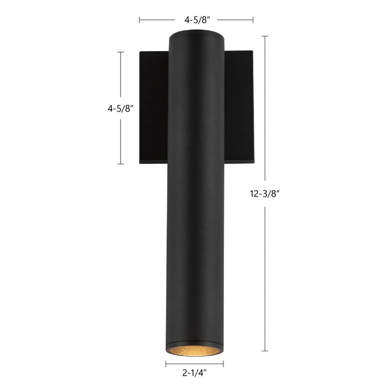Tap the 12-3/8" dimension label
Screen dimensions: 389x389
pos(265,194)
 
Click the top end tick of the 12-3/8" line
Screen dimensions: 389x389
pos(265,37)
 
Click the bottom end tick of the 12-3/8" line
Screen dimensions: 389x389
pos(265,351)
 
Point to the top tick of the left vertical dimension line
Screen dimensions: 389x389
pos(121,52)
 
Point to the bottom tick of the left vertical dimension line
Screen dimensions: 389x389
pos(121,164)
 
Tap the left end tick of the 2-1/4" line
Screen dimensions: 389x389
pos(166,365)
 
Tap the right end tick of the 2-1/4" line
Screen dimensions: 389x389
pos(223,365)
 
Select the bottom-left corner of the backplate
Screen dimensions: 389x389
pos(140,163)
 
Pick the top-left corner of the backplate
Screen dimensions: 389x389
pos(140,52)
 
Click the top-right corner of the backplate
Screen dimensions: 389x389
pos(253,52)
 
